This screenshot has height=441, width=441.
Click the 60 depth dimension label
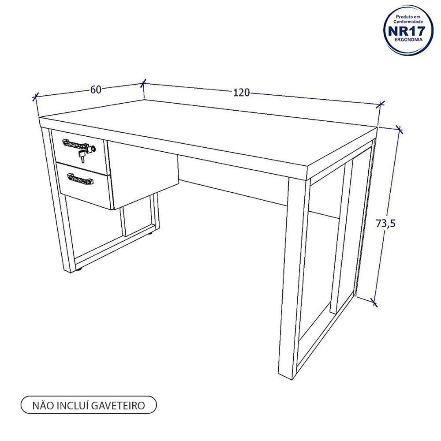click(96, 90)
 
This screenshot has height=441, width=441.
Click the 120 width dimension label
click(241, 92)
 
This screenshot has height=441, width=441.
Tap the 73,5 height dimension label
click(385, 223)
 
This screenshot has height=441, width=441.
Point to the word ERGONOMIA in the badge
click(408, 40)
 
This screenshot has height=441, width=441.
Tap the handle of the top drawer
click(76, 144)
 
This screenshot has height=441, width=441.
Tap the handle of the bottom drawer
click(80, 179)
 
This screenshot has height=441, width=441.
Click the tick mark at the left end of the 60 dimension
click(35, 97)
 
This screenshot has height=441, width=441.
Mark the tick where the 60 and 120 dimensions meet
click(143, 83)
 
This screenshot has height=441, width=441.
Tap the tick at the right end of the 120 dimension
click(380, 105)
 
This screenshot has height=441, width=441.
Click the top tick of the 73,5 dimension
click(399, 129)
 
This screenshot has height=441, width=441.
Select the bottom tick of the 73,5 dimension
click(374, 303)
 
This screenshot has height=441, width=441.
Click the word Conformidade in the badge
click(408, 21)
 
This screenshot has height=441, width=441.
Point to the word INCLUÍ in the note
click(73, 405)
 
